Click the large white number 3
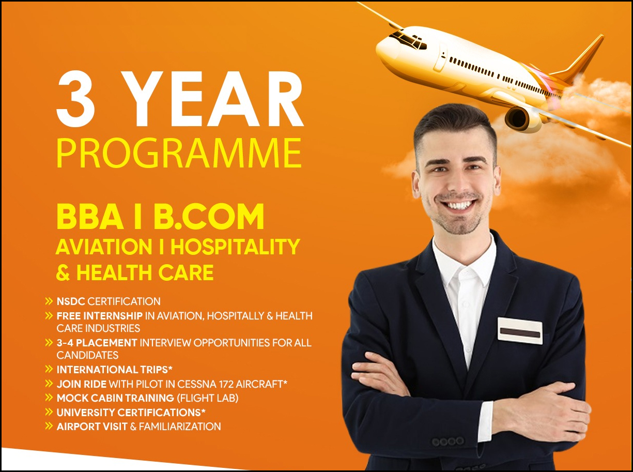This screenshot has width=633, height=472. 76,98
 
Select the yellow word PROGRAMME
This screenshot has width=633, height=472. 179,153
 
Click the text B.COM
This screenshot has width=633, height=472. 209,216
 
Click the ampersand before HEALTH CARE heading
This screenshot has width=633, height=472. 63,272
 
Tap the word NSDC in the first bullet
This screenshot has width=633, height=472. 71,301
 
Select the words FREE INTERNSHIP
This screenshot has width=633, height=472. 100,316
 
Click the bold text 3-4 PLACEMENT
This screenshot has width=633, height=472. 97,343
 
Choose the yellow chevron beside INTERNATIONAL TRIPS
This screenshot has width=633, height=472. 49,369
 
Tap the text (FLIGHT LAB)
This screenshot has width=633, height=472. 207,398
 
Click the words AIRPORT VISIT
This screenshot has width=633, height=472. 92,427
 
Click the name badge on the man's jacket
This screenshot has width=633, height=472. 520,331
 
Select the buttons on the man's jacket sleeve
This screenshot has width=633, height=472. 448,441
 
